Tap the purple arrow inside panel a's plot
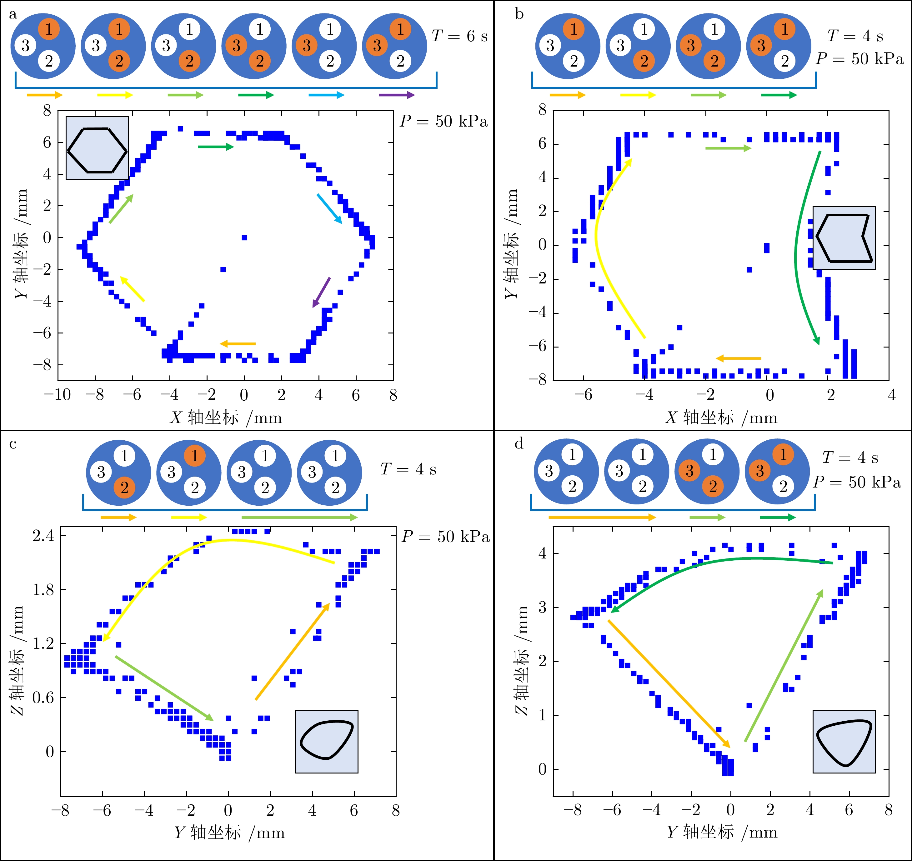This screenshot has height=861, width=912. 321,292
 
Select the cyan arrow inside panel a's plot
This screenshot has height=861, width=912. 329,208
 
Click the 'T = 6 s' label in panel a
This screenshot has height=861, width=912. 459,36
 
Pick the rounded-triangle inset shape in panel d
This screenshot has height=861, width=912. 844,742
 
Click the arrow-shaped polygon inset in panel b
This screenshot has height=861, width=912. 844,238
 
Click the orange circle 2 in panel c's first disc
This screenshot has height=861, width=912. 124,488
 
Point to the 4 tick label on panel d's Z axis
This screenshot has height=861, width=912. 542,553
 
